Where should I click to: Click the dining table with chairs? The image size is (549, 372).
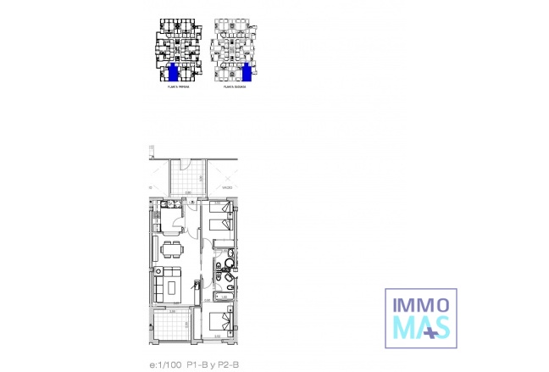(x=172, y=249)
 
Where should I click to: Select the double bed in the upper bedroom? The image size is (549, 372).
(x=221, y=218)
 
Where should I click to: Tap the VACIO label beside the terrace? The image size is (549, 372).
(x=227, y=187)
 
